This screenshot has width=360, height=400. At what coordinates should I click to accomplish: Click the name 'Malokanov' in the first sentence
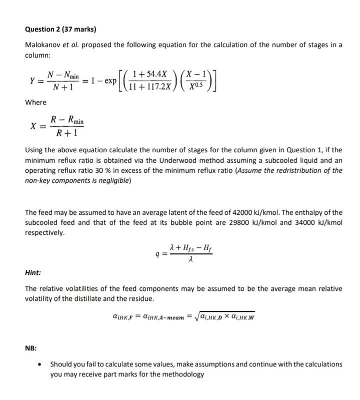coord(44,45)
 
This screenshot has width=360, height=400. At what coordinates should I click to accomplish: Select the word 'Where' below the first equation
coord(35,103)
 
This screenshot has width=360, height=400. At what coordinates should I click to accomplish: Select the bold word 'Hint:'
coord(33,273)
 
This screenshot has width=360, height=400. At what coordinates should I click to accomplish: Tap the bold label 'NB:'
coord(31,345)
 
